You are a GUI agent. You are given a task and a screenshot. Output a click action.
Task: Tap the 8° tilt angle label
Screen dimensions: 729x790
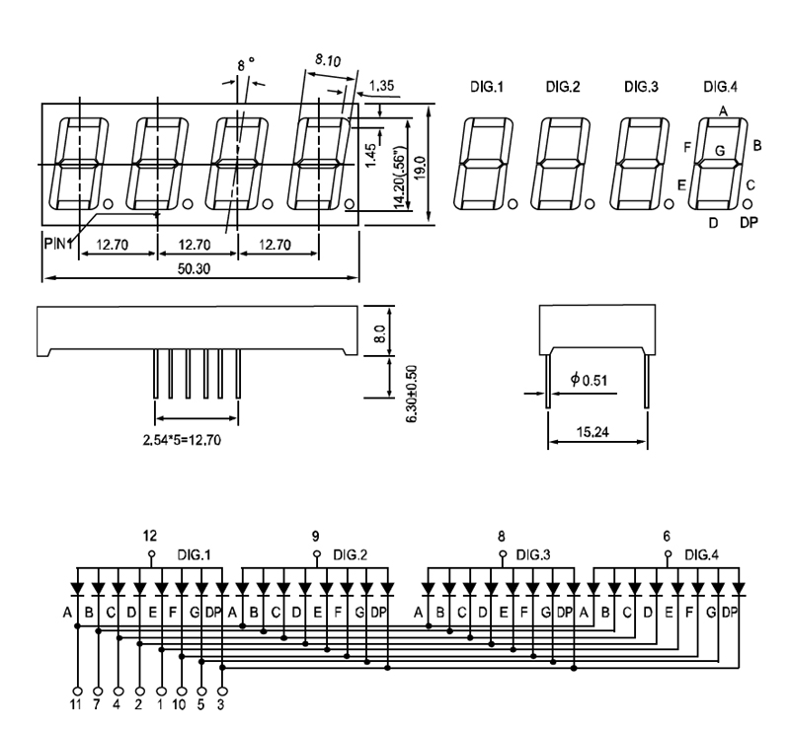(x=246, y=65)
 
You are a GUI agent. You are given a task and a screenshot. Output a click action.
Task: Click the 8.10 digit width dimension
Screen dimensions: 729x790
(x=328, y=61)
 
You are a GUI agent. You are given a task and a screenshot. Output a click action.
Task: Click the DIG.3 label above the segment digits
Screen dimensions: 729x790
(x=641, y=88)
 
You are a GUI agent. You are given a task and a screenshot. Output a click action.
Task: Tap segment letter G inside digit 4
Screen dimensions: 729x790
(x=720, y=151)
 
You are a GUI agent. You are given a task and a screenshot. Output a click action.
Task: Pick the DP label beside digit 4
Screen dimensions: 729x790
(x=750, y=223)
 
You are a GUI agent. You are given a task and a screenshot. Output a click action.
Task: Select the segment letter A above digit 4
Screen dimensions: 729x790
(x=723, y=111)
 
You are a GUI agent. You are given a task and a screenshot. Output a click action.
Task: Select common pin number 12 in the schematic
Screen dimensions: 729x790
(x=150, y=537)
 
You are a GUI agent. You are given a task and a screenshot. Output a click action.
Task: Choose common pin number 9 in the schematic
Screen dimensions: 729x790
(x=316, y=537)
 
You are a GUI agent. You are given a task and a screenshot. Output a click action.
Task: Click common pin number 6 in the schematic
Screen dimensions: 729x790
(x=667, y=537)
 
